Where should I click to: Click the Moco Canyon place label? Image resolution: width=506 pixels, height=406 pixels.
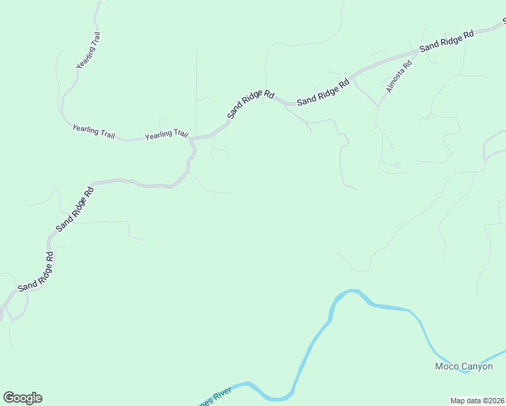click(463, 367)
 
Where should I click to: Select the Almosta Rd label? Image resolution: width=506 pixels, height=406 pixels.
click(398, 77)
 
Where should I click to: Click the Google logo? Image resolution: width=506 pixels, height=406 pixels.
click(22, 398)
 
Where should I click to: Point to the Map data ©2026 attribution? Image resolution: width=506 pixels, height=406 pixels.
click(478, 401)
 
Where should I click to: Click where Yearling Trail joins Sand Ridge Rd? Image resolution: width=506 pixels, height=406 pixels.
click(191, 139)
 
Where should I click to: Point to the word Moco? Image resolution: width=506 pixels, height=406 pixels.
click(447, 367)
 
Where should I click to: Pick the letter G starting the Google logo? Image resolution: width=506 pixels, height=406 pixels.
click(9, 398)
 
